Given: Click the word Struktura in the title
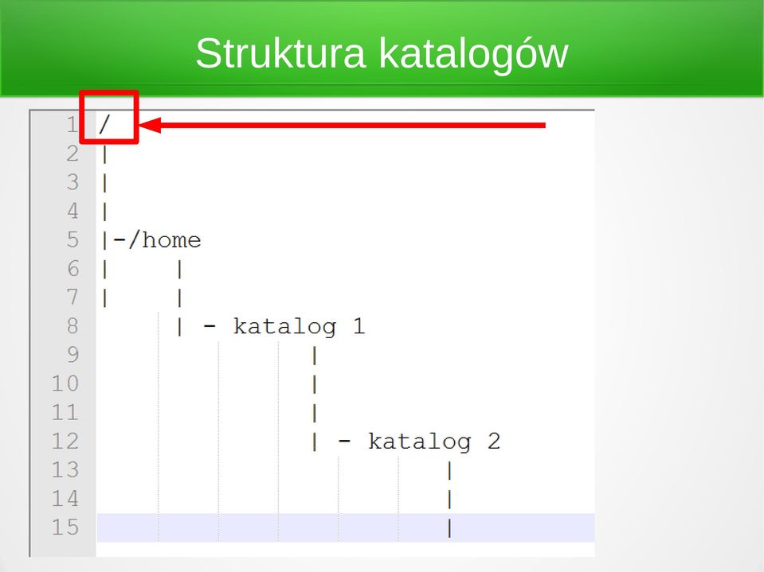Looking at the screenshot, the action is pyautogui.click(x=280, y=53).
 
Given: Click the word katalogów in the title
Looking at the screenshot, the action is pyautogui.click(x=473, y=54).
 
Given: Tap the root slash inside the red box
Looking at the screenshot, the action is pyautogui.click(x=104, y=125).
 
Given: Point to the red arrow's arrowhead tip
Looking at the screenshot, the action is pyautogui.click(x=139, y=125).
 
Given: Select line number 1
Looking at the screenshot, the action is pyautogui.click(x=72, y=125).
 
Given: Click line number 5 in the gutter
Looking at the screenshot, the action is pyautogui.click(x=72, y=239).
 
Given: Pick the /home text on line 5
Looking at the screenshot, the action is pyautogui.click(x=165, y=239).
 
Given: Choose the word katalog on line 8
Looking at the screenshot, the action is pyautogui.click(x=284, y=327).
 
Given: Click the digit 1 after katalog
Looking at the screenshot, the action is pyautogui.click(x=358, y=326).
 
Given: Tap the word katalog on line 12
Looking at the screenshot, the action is pyautogui.click(x=420, y=442).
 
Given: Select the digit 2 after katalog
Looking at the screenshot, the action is pyautogui.click(x=494, y=442).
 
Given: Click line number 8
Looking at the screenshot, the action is pyautogui.click(x=72, y=326).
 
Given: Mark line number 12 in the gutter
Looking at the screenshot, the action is pyautogui.click(x=65, y=442).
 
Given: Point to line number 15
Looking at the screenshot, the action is pyautogui.click(x=65, y=527).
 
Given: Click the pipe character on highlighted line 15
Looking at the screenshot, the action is pyautogui.click(x=449, y=527).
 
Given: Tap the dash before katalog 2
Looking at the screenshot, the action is pyautogui.click(x=344, y=442).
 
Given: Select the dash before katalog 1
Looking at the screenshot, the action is pyautogui.click(x=210, y=326).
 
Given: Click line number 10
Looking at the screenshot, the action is pyautogui.click(x=65, y=383).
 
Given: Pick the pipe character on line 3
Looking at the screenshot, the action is pyautogui.click(x=104, y=183).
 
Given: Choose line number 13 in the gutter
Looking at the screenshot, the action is pyautogui.click(x=65, y=470).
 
